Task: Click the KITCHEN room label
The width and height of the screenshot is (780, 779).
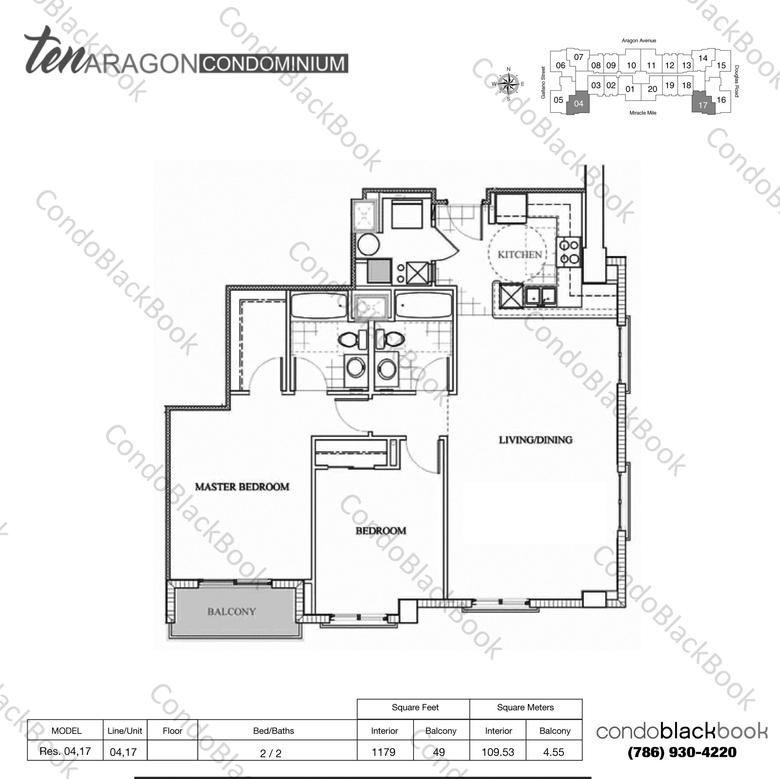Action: [x=520, y=255]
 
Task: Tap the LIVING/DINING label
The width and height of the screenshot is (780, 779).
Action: [x=535, y=440]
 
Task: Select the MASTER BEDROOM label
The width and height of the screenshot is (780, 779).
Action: [x=242, y=487]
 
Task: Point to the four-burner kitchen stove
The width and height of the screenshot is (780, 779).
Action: [x=569, y=252]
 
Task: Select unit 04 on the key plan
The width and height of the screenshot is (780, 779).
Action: [x=578, y=104]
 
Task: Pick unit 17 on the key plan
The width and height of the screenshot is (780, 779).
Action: [x=703, y=105]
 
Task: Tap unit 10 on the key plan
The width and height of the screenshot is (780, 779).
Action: [x=631, y=65]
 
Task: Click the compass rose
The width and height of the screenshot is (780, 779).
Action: [x=508, y=84]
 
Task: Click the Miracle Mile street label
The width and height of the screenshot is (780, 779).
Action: [x=643, y=113]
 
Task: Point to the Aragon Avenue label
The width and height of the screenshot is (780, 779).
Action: [x=639, y=41]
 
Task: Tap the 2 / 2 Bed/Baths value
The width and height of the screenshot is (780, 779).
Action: [x=270, y=753]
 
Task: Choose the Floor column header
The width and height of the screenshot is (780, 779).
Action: [x=172, y=731]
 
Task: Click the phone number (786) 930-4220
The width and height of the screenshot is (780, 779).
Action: [x=682, y=753]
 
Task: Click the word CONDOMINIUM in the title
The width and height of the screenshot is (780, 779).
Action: [x=273, y=64]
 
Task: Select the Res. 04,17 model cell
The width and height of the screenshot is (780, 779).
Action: [x=65, y=751]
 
